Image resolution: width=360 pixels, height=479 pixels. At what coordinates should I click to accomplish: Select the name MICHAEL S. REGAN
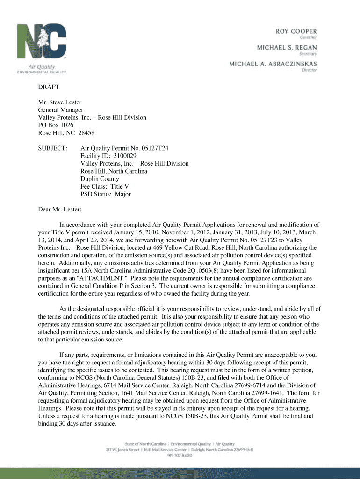click(x=287, y=47)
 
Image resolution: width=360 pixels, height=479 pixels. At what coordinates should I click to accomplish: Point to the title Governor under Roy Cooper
click(x=309, y=37)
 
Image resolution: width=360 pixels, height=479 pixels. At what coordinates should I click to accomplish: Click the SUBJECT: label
click(x=53, y=148)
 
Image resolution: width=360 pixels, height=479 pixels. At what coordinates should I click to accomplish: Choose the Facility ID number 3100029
click(x=123, y=156)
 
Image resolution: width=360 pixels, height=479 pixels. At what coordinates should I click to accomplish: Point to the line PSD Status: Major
click(x=106, y=194)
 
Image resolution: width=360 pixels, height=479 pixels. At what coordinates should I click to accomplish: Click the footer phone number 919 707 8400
click(x=180, y=455)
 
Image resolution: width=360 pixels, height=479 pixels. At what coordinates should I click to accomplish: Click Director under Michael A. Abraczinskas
click(x=310, y=70)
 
